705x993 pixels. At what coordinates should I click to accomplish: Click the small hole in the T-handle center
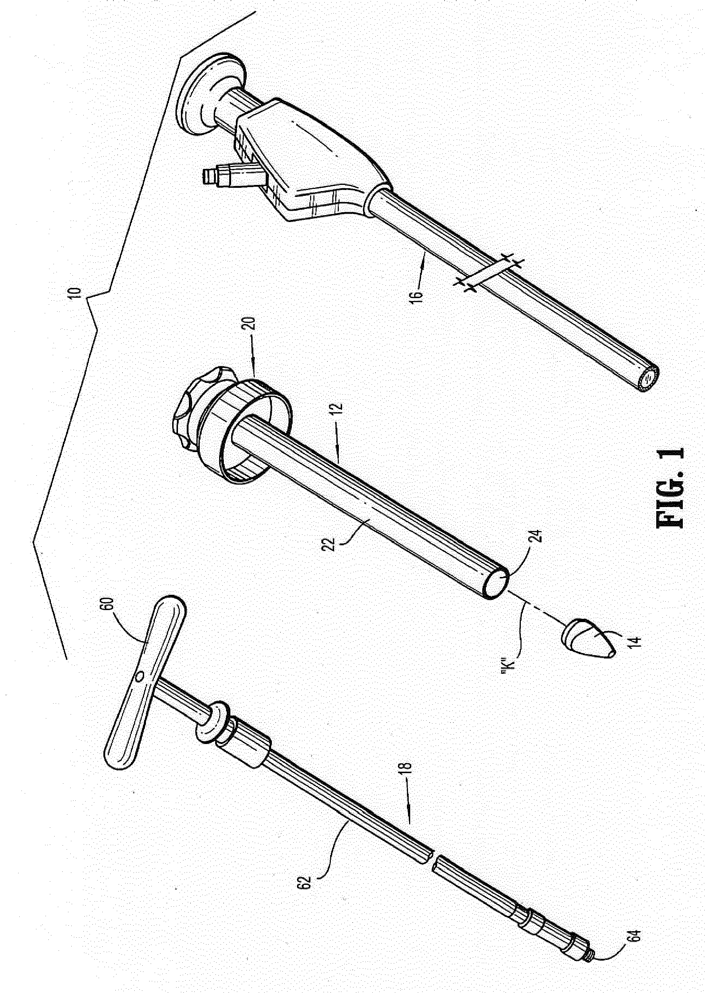[x=140, y=676]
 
